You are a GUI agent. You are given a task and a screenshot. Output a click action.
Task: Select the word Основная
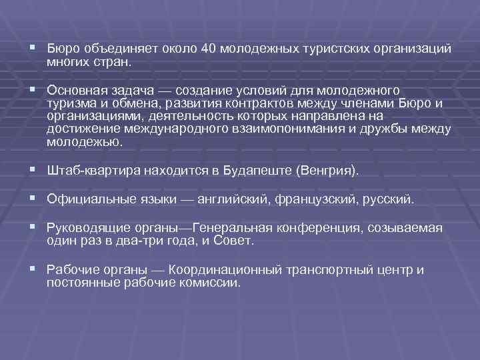tap(75, 89)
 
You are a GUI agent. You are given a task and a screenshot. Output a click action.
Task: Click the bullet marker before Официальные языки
tap(32, 199)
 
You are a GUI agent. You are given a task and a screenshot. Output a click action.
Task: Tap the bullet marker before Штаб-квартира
tap(32, 170)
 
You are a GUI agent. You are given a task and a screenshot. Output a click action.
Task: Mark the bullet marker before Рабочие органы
tap(32, 269)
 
